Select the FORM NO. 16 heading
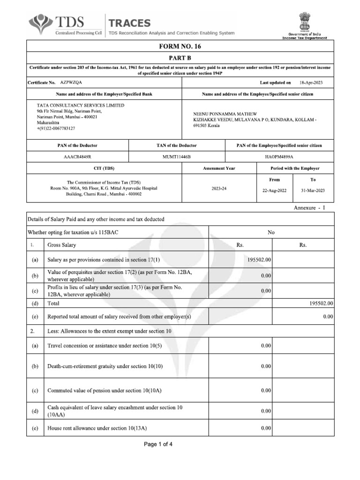tap(180, 46)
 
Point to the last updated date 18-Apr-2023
tap(311, 82)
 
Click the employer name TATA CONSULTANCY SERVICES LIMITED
tap(81, 105)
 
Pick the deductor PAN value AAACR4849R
tap(77, 157)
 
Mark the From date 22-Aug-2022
tap(275, 190)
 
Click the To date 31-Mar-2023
tap(313, 190)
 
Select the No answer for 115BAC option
tap(271, 232)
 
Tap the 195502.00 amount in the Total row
tap(321, 303)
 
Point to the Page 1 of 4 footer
tap(158, 444)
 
